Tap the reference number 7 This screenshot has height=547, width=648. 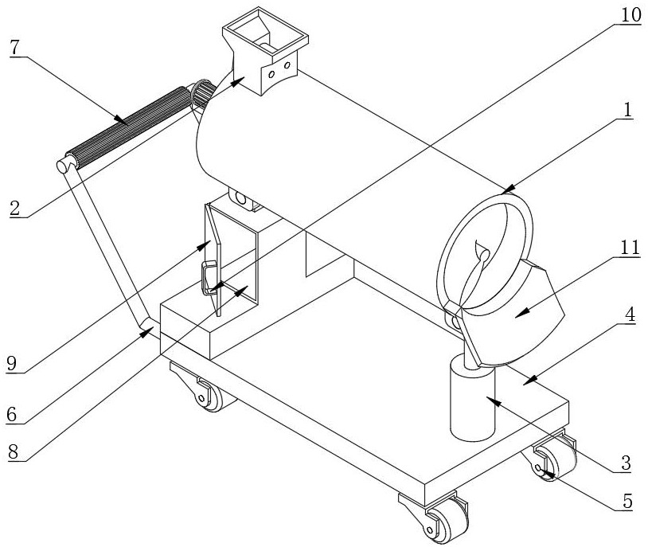tap(15, 48)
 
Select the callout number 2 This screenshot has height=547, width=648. tap(15, 208)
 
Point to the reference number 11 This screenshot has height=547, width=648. tap(628, 248)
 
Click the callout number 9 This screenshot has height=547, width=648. tap(12, 363)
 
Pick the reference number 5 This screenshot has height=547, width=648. tap(627, 501)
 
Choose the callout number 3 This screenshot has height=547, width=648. tap(626, 463)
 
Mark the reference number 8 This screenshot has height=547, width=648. tap(14, 451)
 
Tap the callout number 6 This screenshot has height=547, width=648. tap(12, 414)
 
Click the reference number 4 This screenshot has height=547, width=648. tap(630, 315)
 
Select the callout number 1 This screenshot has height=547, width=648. tap(628, 110)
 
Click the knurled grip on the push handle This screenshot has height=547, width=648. tap(129, 126)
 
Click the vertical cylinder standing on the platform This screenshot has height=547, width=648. tap(472, 398)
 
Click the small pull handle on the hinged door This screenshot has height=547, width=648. tap(209, 278)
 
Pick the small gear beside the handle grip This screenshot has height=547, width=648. tap(203, 94)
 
